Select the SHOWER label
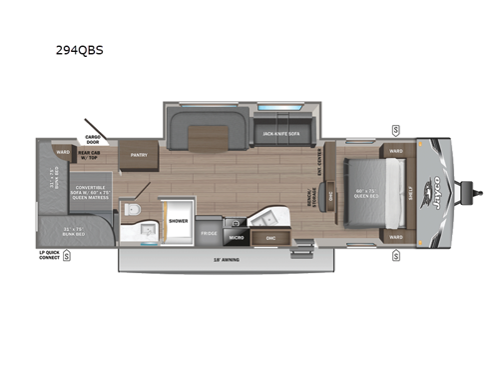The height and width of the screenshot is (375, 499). point(178,220)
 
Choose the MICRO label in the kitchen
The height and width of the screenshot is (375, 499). point(239,238)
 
